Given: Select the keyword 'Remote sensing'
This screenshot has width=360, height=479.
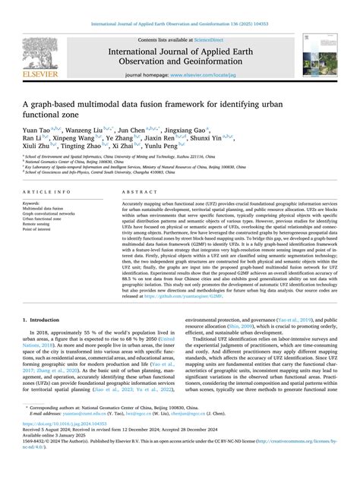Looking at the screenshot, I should coord(39,225).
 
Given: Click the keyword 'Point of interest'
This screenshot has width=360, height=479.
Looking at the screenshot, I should coord(42,230).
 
